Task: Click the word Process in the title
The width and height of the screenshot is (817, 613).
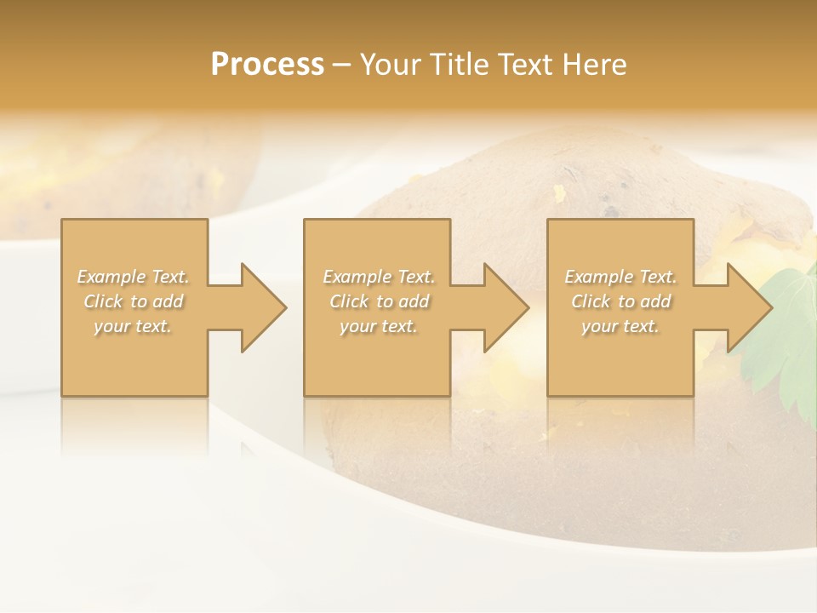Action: [267, 65]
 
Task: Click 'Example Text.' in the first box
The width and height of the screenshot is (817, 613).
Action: [133, 277]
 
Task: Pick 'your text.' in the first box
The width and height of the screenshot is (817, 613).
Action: [133, 326]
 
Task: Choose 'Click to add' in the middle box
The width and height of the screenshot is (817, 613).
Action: [379, 301]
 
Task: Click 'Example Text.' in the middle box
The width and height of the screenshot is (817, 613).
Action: [379, 277]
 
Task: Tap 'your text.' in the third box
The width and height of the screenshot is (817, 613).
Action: [620, 326]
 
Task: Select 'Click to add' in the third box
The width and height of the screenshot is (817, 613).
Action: [620, 301]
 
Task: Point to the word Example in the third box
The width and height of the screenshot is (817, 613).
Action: [598, 277]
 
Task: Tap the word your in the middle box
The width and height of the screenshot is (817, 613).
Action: [357, 326]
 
